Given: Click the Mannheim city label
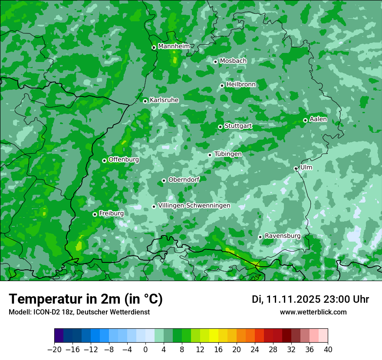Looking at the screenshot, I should pos(174,46).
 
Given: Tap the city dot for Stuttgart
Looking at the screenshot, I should pos(221,127).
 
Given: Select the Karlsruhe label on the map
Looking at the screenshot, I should pos(164,100).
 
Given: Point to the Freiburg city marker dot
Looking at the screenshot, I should pos(95,214).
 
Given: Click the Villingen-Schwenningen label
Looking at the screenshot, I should pos(194,206).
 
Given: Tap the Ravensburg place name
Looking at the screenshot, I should pos(283,236).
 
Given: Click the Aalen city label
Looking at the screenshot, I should pos(318,119).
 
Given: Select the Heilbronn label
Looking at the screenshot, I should pos(241,85).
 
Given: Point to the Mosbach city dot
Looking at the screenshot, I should pos(215,62).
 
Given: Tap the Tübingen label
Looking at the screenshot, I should pos(228,154).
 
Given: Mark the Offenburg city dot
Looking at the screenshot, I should pos(104,160).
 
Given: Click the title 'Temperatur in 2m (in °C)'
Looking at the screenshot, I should pos(86,299).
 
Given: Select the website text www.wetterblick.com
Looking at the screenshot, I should pos(313,312).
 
